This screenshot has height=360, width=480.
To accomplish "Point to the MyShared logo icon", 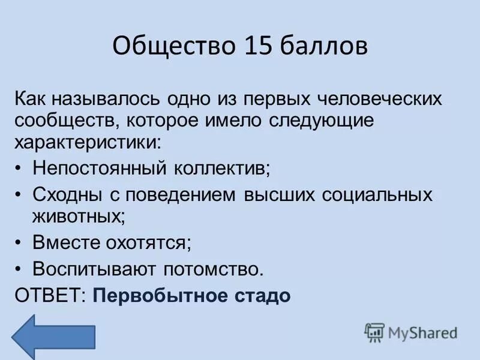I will (374, 332).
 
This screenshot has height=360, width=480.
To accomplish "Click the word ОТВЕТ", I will (50, 296).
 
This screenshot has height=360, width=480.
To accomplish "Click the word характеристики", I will (88, 142).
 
